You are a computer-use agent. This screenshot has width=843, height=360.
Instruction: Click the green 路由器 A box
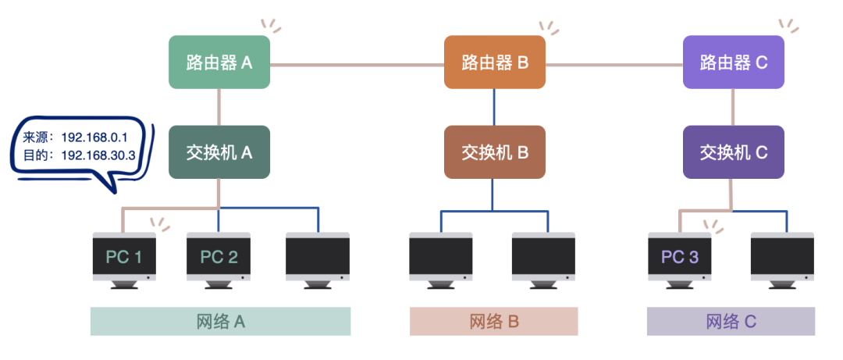[219, 62]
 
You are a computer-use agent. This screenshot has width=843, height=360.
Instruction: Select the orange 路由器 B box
[494, 62]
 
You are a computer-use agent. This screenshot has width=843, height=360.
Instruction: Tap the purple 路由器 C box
[733, 62]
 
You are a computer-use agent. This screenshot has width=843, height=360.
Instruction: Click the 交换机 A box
[219, 152]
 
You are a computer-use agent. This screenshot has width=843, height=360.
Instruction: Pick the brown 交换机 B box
[494, 152]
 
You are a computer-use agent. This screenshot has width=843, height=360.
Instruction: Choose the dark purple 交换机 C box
[733, 152]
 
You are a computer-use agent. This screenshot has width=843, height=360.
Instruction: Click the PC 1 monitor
[123, 257]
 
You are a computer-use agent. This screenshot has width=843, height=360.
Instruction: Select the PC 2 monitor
[219, 257]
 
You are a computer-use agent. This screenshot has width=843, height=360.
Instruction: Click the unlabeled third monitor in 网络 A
[318, 257]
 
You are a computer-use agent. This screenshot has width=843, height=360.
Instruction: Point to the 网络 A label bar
[220, 321]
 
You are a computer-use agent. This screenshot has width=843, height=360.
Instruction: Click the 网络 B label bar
[494, 321]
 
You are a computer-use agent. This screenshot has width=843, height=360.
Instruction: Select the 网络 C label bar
[731, 321]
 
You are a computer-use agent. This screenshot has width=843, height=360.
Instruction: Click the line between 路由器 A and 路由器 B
[357, 63]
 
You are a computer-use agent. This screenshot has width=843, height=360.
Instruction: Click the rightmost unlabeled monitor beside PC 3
[782, 257]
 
